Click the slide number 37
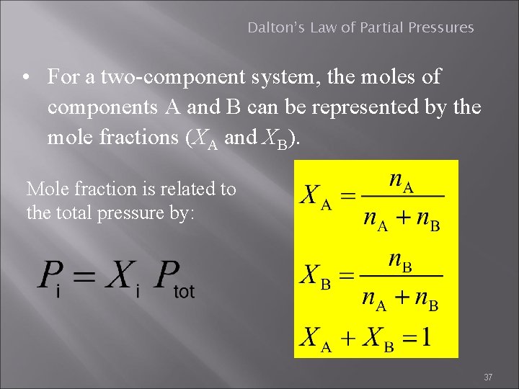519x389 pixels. pyautogui.click(x=488, y=377)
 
